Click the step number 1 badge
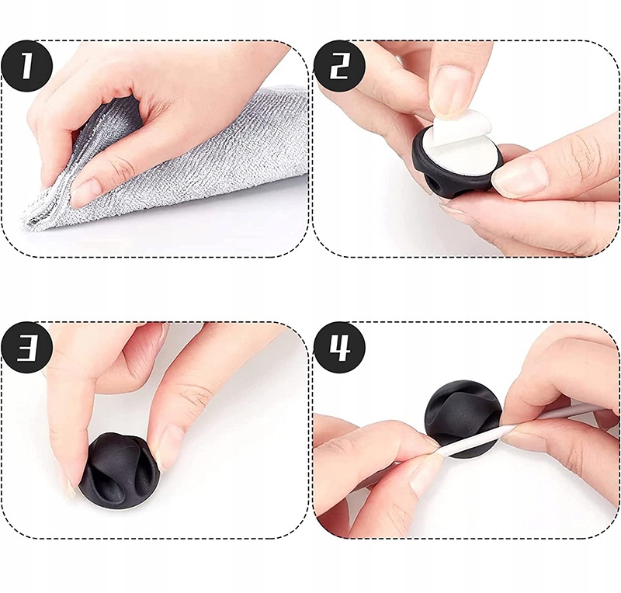coord(26,66)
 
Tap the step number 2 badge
coord(339,66)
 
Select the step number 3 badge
coord(26,348)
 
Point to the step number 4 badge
coord(339,348)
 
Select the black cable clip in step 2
coord(456,161)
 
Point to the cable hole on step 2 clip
coord(432,185)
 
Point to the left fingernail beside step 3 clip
coord(71,487)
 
